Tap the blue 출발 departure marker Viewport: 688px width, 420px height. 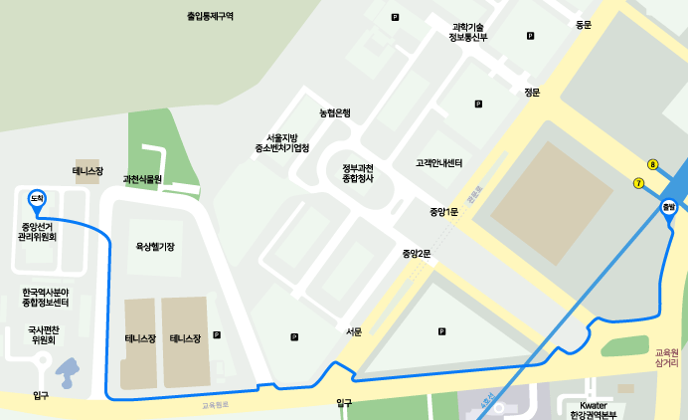tap(669, 207)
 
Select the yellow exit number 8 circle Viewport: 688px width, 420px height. tap(653, 165)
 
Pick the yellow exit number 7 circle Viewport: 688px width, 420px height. tap(638, 182)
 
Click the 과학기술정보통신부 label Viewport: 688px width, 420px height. tap(468, 32)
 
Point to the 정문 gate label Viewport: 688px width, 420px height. tap(532, 93)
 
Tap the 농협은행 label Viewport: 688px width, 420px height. tap(335, 112)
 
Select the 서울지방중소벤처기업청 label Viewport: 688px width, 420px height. tap(281, 142)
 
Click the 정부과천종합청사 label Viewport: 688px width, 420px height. tap(357, 172)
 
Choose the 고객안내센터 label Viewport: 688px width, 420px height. tap(439, 162)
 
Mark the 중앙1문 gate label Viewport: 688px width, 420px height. tap(443, 212)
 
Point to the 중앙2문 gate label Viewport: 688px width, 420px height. tap(417, 254)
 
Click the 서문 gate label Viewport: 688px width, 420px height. tap(354, 331)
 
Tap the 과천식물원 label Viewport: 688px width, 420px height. tap(142, 180)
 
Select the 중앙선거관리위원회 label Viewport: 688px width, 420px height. tap(37, 232)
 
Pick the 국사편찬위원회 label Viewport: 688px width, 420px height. tap(43, 334)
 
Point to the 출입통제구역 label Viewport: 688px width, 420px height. tap(210, 16)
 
